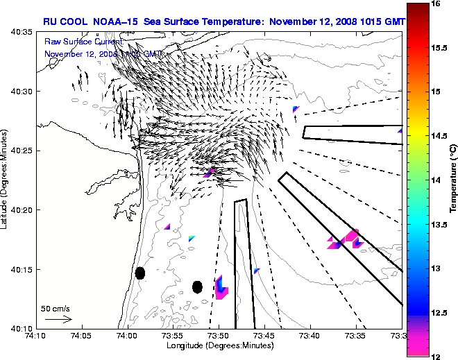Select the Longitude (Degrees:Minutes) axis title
(x=219, y=345)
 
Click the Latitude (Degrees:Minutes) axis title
(x=6, y=180)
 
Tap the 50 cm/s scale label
(x=56, y=308)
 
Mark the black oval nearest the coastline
(x=139, y=273)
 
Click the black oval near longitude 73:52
(x=197, y=286)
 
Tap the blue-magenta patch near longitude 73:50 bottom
(x=221, y=287)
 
